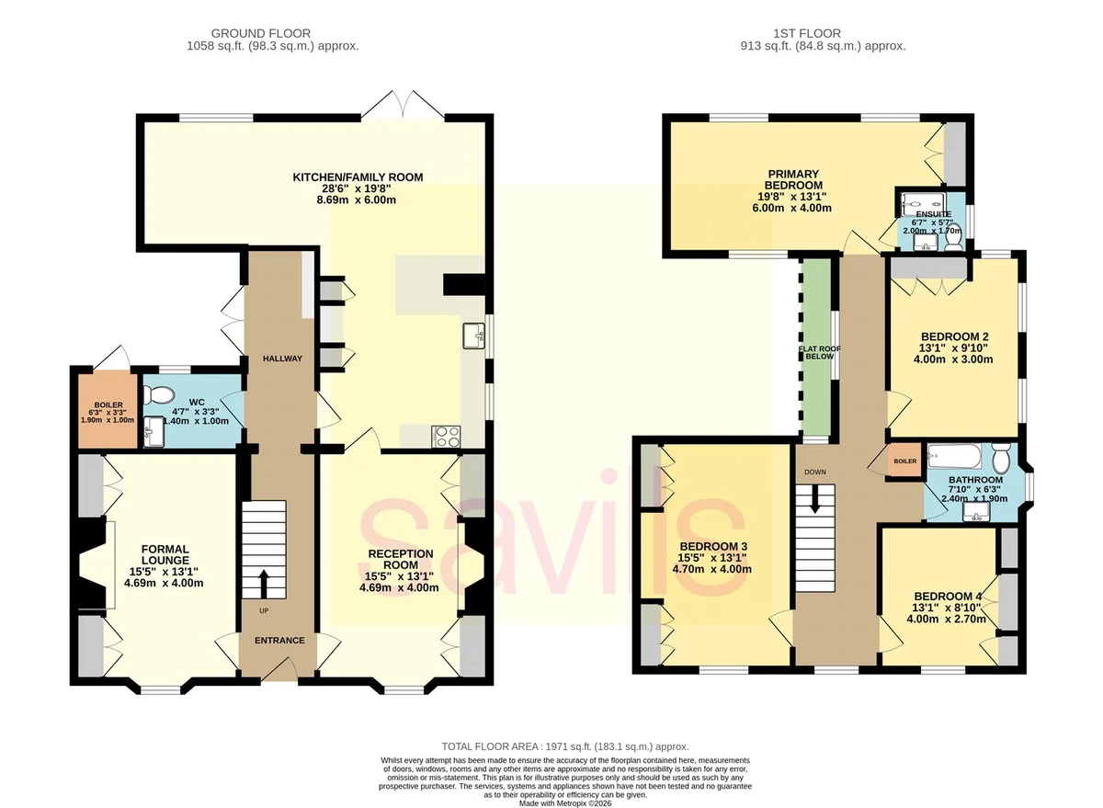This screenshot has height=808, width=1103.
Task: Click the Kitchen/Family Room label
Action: click(358, 177)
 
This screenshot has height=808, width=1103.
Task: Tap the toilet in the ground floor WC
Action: click(158, 394)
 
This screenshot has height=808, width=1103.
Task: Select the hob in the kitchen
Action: click(446, 437)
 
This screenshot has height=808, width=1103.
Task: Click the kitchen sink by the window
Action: click(473, 336)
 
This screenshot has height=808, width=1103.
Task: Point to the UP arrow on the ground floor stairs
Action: click(264, 583)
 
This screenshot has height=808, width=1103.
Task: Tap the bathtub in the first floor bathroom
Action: click(954, 456)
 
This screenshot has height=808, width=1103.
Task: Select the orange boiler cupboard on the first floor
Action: click(904, 461)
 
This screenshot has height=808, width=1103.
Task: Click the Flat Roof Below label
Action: click(819, 353)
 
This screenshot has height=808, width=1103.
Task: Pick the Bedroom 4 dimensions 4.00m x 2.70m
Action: click(947, 619)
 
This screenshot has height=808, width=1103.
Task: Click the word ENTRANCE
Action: click(279, 640)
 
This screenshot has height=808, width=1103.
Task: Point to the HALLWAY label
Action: click(282, 358)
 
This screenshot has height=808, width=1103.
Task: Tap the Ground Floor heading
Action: click(261, 33)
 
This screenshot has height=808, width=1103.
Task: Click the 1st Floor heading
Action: click(807, 33)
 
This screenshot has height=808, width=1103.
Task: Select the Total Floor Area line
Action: click(564, 746)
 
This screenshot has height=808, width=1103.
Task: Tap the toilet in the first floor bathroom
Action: click(1001, 458)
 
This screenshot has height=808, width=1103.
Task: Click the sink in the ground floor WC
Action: click(154, 432)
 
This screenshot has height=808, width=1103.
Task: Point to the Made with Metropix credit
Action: click(565, 803)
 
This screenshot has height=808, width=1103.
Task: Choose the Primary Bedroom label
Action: click(793, 180)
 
